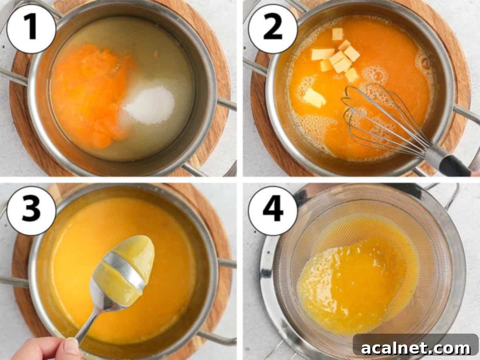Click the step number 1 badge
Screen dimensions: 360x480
coord(32,29)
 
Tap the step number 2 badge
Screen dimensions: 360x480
coord(273,29)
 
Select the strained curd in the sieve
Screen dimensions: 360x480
coord(352,284)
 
